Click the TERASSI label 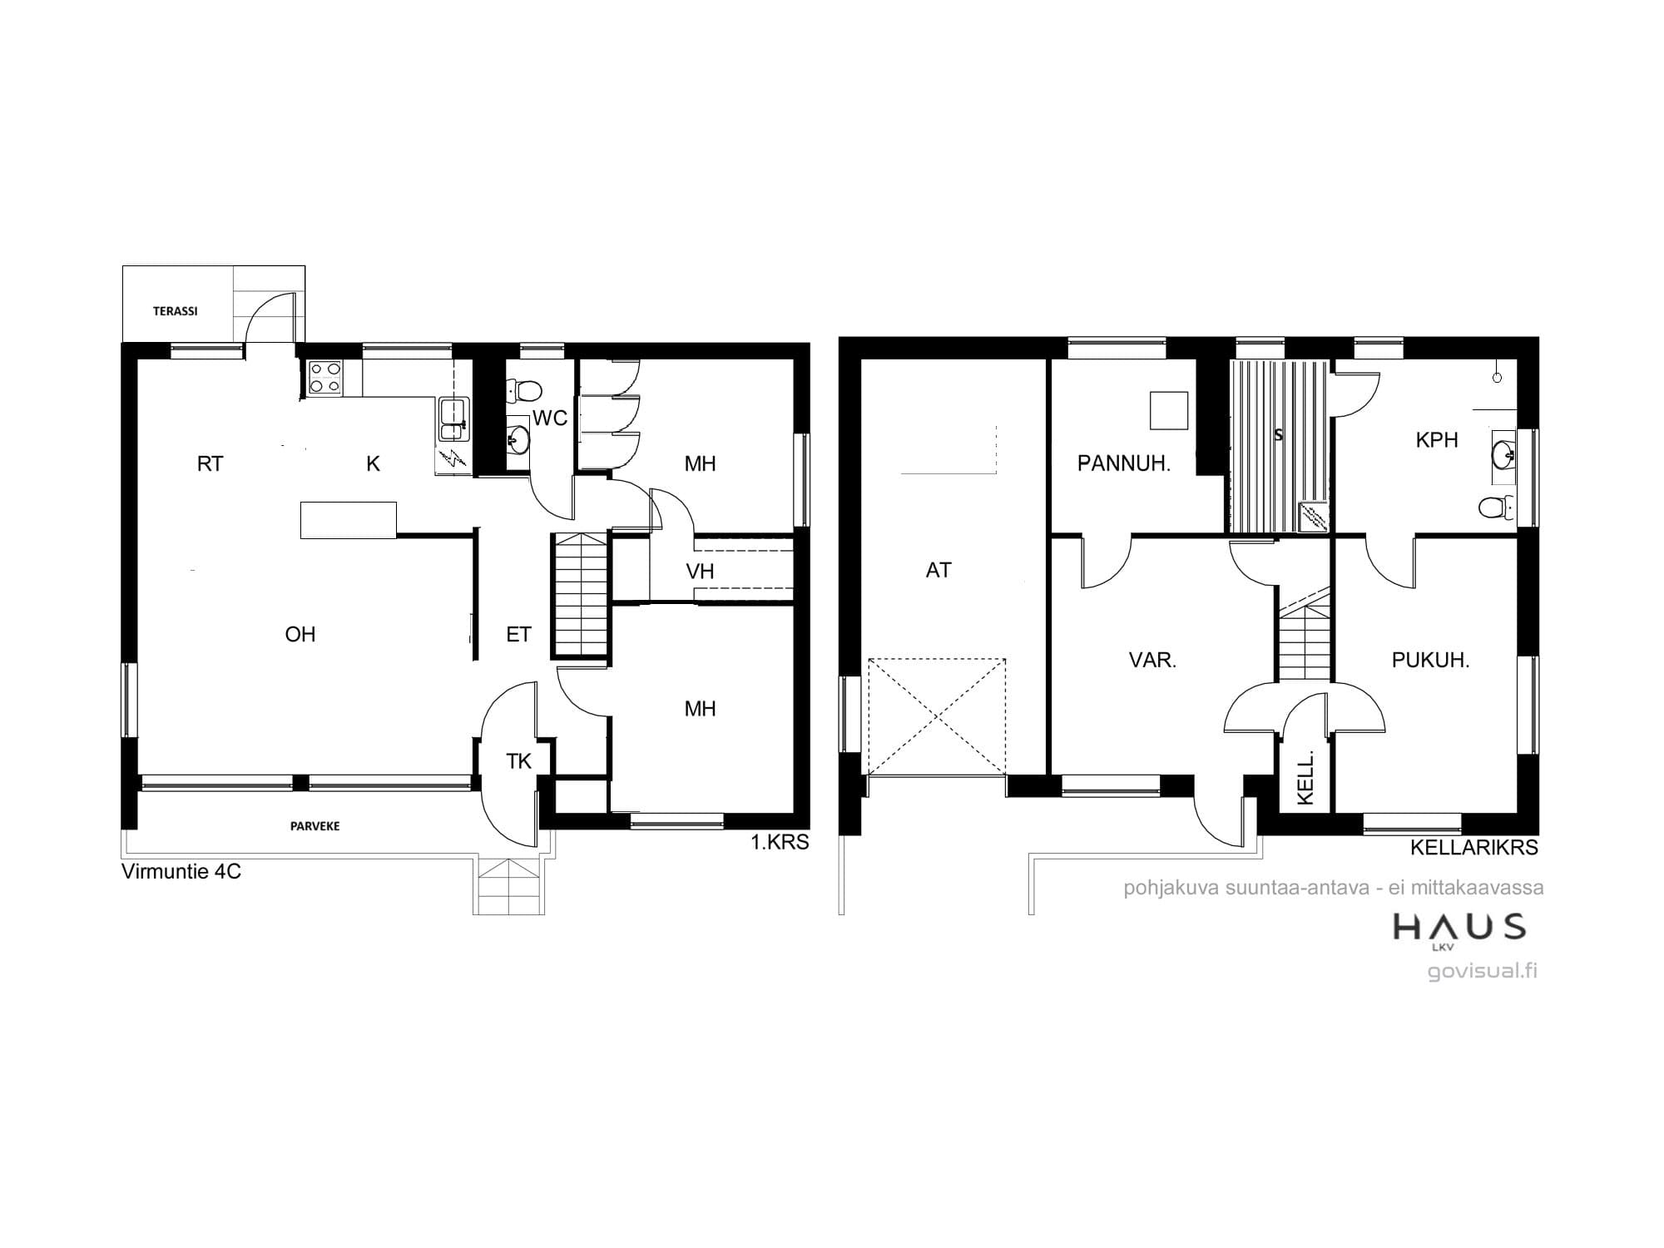click(176, 311)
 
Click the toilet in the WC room click(524, 389)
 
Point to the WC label click(550, 418)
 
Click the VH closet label click(701, 572)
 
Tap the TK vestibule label click(519, 761)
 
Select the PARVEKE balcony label click(314, 826)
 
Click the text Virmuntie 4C click(181, 873)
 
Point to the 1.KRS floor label click(780, 843)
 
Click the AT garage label click(938, 570)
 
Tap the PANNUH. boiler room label click(1124, 464)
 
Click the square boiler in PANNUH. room click(1169, 410)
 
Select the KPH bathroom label click(1437, 440)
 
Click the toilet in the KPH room click(1498, 507)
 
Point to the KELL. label click(1305, 778)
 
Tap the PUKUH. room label click(1431, 661)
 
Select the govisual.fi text click(1483, 971)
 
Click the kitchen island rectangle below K click(348, 520)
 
